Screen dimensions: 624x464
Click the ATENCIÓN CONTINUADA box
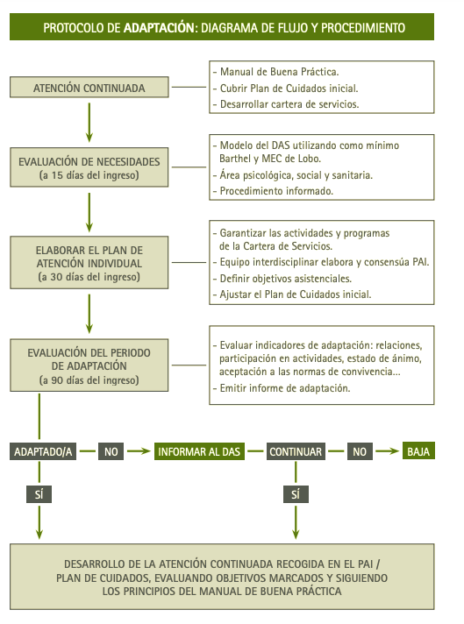click(89, 89)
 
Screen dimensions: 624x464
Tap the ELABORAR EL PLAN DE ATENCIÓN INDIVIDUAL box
click(89, 259)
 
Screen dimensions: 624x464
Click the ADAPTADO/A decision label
click(43, 451)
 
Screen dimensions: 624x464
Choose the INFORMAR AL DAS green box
click(198, 451)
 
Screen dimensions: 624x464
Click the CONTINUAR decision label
click(296, 451)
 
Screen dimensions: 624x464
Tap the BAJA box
click(418, 451)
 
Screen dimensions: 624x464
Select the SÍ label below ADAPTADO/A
click(39, 494)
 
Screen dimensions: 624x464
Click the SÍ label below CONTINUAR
click(295, 494)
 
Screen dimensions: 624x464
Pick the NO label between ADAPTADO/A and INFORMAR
click(109, 451)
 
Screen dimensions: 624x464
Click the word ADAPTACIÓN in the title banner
click(158, 28)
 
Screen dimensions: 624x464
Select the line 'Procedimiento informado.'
click(275, 191)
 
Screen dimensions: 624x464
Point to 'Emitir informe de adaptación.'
click(285, 387)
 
